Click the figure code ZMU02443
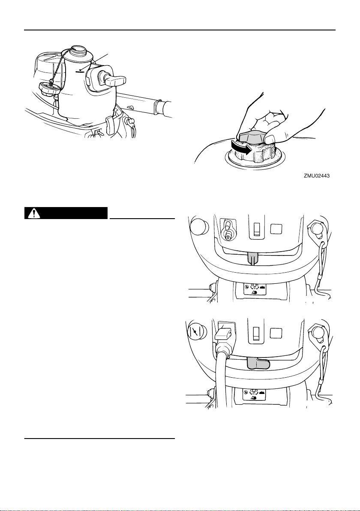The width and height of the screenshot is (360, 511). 317,176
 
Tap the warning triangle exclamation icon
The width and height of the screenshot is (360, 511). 33,213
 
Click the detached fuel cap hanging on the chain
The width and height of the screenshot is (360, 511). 48,89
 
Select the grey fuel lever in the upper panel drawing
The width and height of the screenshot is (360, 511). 253,259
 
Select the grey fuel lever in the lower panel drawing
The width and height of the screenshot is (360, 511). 258,363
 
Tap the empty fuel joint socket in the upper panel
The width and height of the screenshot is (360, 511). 228,230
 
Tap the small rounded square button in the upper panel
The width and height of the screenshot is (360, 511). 276,228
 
